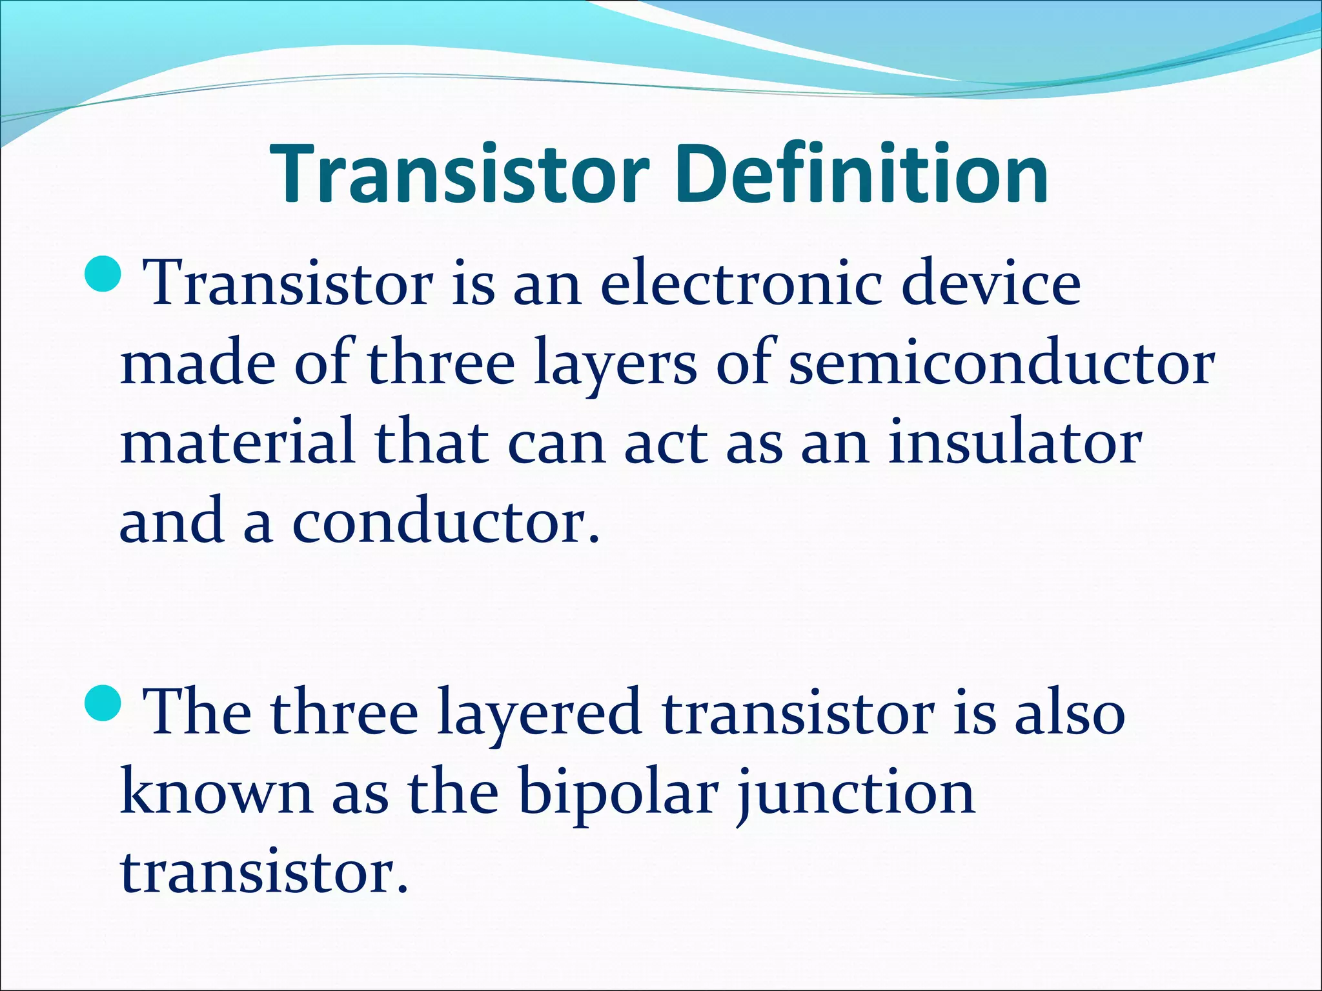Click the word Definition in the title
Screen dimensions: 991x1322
(862, 174)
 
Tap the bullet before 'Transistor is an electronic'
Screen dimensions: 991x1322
(103, 272)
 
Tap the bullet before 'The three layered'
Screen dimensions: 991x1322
(103, 703)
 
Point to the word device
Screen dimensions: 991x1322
(991, 284)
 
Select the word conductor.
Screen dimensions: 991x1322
(445, 523)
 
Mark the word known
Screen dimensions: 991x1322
(216, 794)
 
